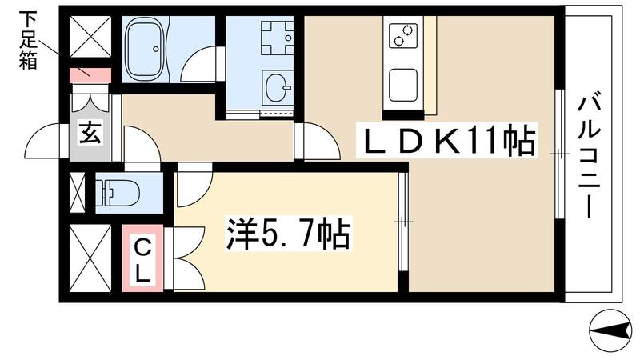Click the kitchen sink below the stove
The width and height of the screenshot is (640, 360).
402,83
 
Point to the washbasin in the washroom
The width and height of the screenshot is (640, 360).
278,86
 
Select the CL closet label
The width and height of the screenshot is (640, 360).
142,258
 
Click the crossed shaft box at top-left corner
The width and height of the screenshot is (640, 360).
89,36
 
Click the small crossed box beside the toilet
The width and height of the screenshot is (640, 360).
77,193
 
